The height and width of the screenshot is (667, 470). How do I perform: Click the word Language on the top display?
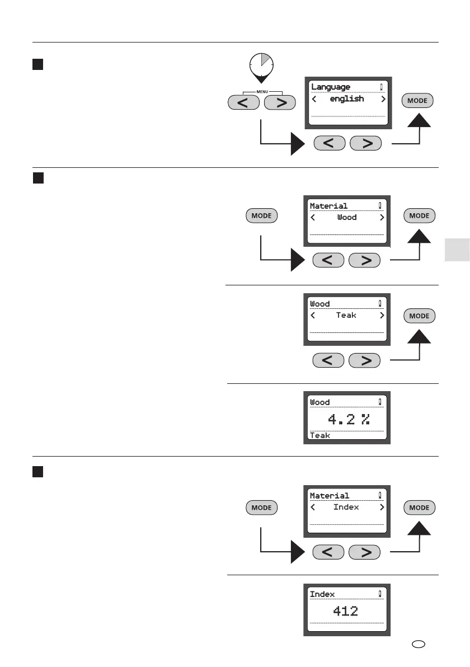(x=331, y=87)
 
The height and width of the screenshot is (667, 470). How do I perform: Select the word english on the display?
(x=347, y=99)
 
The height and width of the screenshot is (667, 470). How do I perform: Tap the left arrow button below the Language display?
(x=329, y=143)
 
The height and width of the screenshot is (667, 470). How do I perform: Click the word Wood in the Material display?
(x=347, y=217)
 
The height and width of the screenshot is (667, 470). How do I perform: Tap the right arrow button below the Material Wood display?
(x=365, y=260)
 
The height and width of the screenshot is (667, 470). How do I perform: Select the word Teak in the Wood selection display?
(x=346, y=316)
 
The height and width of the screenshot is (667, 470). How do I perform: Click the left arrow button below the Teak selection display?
(x=329, y=360)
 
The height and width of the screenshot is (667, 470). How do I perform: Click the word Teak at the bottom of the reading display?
(x=320, y=435)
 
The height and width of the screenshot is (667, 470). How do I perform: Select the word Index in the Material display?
(x=346, y=507)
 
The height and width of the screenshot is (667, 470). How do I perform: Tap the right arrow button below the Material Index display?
(x=365, y=552)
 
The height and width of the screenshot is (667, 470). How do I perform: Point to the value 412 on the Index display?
(x=346, y=611)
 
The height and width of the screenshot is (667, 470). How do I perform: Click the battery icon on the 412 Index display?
(x=380, y=594)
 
